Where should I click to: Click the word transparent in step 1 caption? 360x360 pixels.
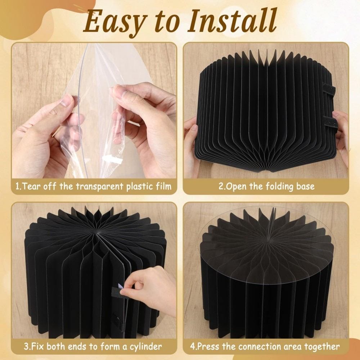[99, 186]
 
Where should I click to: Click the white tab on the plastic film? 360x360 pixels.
[112, 159]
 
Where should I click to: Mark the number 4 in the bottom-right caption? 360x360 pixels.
[192, 346]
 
